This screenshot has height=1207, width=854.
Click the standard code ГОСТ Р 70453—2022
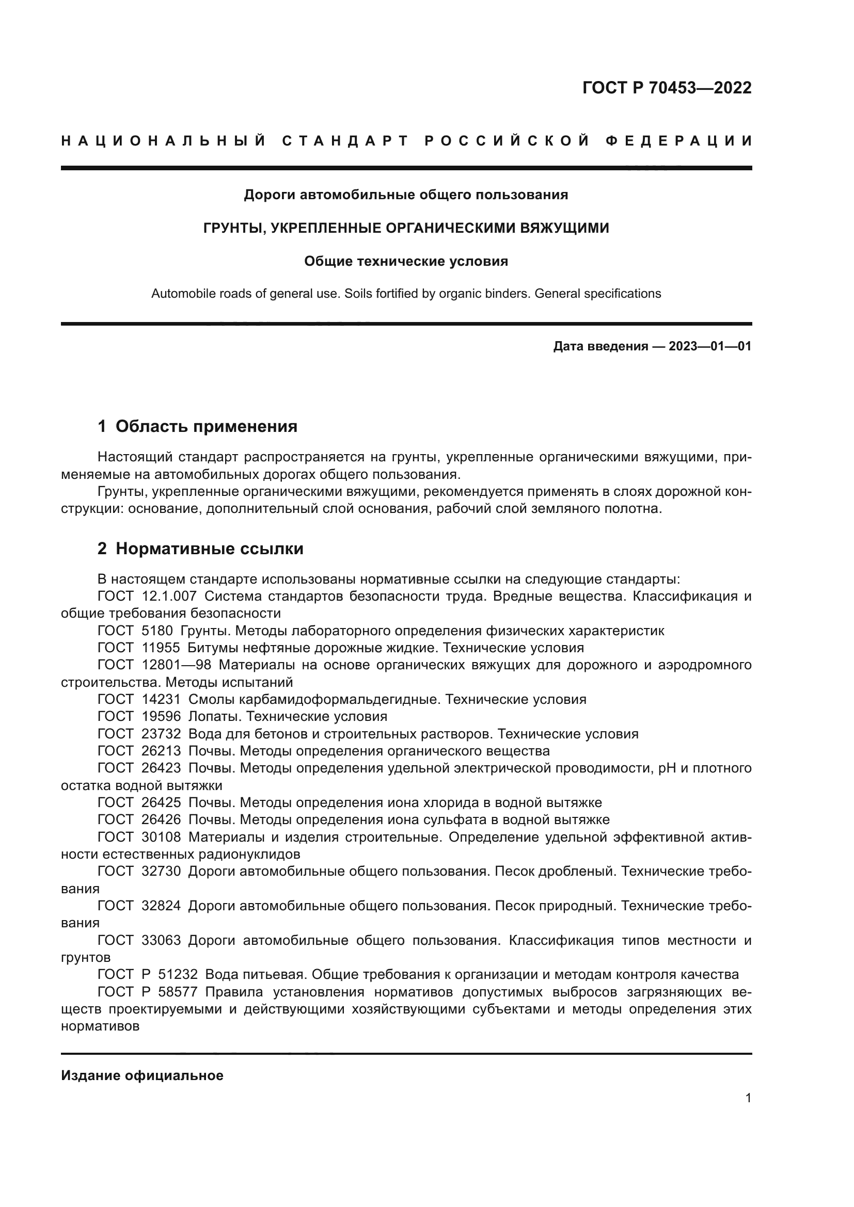667,88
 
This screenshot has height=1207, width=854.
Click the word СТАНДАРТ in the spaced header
345,141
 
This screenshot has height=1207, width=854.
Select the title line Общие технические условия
406,261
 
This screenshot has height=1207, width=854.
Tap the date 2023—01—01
710,346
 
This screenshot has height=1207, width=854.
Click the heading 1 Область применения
197,426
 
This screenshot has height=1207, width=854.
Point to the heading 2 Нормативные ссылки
200,549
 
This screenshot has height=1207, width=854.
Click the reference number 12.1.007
169,596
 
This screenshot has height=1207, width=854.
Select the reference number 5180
157,631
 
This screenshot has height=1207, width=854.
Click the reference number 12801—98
176,665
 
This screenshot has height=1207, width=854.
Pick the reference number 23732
161,734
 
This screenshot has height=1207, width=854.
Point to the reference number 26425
161,803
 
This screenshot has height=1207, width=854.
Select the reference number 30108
161,837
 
